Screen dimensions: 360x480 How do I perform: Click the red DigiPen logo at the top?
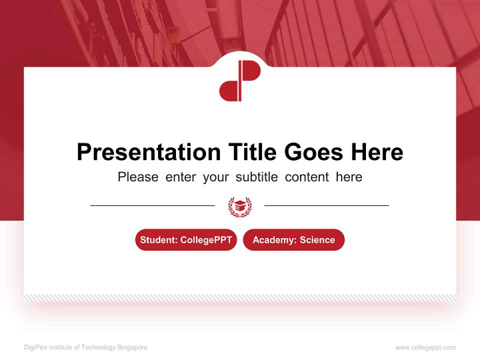[x=239, y=80]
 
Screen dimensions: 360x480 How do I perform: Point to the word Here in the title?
[x=376, y=152]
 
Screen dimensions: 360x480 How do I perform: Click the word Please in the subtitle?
[x=138, y=177]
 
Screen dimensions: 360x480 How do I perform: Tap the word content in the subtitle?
[x=307, y=177]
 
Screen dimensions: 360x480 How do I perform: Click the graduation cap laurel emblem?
[x=240, y=206]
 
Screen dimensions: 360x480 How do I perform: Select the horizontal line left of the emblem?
[x=152, y=205]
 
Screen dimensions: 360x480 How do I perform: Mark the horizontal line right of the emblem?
[x=326, y=205]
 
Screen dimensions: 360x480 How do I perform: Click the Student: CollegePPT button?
[x=186, y=240]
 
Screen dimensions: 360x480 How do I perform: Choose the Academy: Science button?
[x=293, y=240]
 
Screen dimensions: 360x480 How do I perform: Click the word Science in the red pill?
[x=317, y=240]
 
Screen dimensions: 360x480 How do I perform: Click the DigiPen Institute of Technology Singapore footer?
[x=85, y=347]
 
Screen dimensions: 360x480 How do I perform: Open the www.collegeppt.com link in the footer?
[x=425, y=347]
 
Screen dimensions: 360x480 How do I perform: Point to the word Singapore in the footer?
[x=132, y=347]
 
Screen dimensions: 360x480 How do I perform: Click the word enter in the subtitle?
[x=180, y=177]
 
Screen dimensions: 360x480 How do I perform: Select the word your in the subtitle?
[x=216, y=177]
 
